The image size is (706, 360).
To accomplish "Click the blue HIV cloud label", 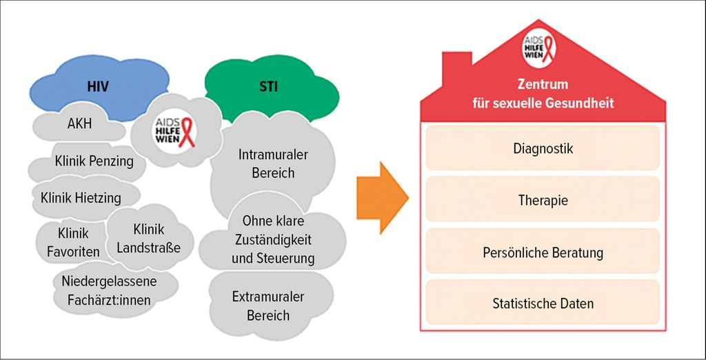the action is point(98,86).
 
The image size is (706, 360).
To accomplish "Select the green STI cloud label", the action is point(269,86).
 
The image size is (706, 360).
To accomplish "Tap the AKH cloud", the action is point(79,123).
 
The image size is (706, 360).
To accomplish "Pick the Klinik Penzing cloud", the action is point(90,161).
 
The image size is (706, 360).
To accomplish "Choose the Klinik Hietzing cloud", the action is point(81,197).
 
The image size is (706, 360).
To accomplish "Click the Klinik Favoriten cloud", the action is point(72,242).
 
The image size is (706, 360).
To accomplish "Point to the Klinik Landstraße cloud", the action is point(149,238).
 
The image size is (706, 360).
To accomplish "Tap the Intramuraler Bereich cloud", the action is point(273,164).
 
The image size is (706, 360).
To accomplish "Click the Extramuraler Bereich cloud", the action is point(268,306).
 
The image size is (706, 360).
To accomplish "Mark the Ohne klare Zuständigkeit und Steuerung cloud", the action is point(273,240).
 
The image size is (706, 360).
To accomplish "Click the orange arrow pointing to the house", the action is point(383,198).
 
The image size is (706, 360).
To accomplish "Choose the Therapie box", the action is point(543,199).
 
